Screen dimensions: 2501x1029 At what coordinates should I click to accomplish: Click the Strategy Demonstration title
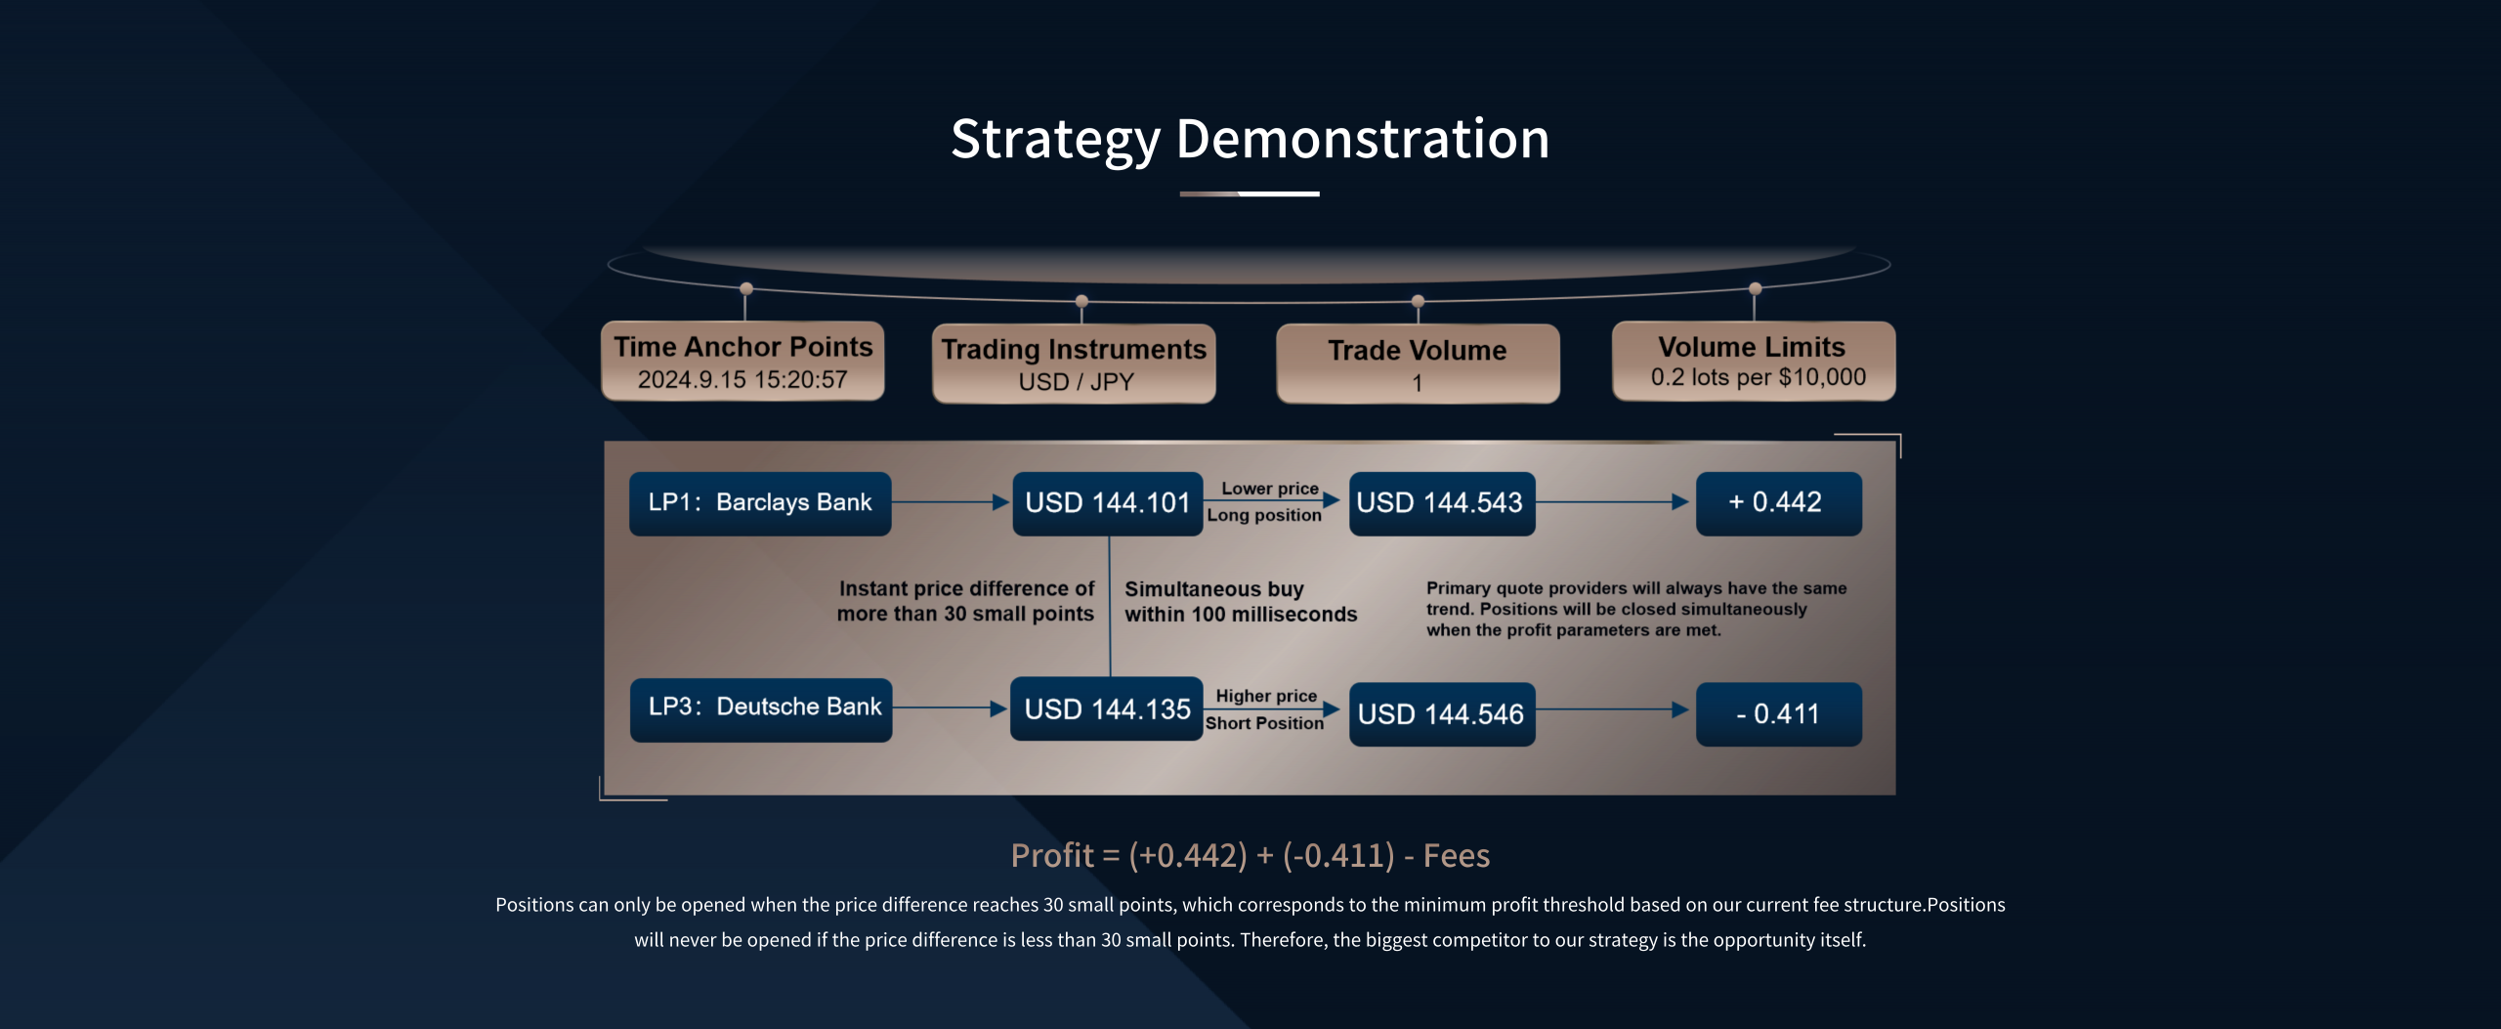coord(1250,139)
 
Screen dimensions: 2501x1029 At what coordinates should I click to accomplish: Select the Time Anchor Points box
coord(742,361)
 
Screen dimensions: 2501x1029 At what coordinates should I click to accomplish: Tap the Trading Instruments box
coord(1074,364)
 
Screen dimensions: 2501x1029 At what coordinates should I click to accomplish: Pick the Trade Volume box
coord(1418,364)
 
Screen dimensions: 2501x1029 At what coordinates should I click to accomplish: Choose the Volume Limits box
coord(1754,361)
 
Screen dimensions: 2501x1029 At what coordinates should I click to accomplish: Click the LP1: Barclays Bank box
coord(760,503)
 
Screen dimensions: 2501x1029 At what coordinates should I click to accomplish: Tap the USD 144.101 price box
coord(1108,503)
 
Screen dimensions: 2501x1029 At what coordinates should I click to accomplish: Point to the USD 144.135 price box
coord(1107,708)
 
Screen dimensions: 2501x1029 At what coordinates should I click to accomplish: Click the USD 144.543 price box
coord(1442,503)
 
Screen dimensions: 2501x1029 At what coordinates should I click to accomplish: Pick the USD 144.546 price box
coord(1442,714)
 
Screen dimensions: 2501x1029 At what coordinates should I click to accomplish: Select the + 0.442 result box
coord(1779,503)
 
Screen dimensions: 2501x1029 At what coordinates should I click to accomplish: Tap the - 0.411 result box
coord(1779,714)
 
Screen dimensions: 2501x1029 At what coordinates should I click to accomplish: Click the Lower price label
coord(1270,489)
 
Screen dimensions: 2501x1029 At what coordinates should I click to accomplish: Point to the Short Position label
coord(1264,723)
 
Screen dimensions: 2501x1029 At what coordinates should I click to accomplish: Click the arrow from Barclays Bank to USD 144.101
coord(951,502)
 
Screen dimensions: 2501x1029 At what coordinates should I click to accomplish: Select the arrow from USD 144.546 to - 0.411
coord(1613,709)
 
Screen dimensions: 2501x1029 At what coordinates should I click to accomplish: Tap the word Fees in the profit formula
coord(1456,856)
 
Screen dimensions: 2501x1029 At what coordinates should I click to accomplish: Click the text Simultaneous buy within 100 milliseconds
coord(1241,602)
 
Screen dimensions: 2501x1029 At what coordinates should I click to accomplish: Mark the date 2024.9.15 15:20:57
coord(742,380)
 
